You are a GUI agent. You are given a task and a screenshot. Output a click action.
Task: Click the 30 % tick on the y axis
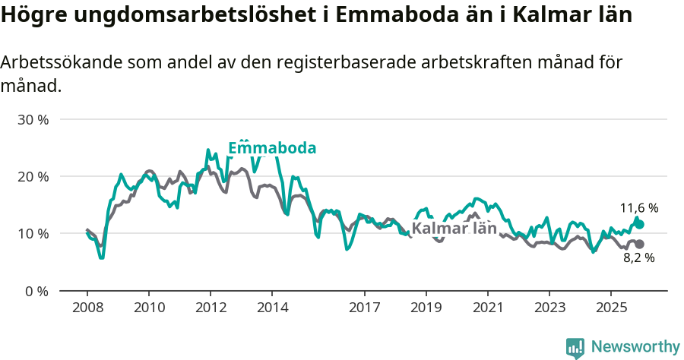33,119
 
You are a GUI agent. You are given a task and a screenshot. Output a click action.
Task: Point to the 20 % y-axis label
33,176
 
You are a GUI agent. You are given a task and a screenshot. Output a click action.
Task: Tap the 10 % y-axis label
33,233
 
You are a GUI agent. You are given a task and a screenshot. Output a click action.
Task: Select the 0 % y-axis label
36,290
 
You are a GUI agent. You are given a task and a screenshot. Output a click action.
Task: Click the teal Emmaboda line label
272,148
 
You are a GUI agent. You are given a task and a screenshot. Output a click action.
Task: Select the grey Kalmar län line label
454,229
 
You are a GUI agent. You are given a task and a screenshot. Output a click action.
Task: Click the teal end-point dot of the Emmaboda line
639,224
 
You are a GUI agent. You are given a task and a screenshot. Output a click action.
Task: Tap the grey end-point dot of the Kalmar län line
639,244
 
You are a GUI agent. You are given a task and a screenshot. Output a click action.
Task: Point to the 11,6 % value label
639,207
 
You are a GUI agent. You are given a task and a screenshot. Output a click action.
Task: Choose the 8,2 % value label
639,257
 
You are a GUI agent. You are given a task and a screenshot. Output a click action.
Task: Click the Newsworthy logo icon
575,348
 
